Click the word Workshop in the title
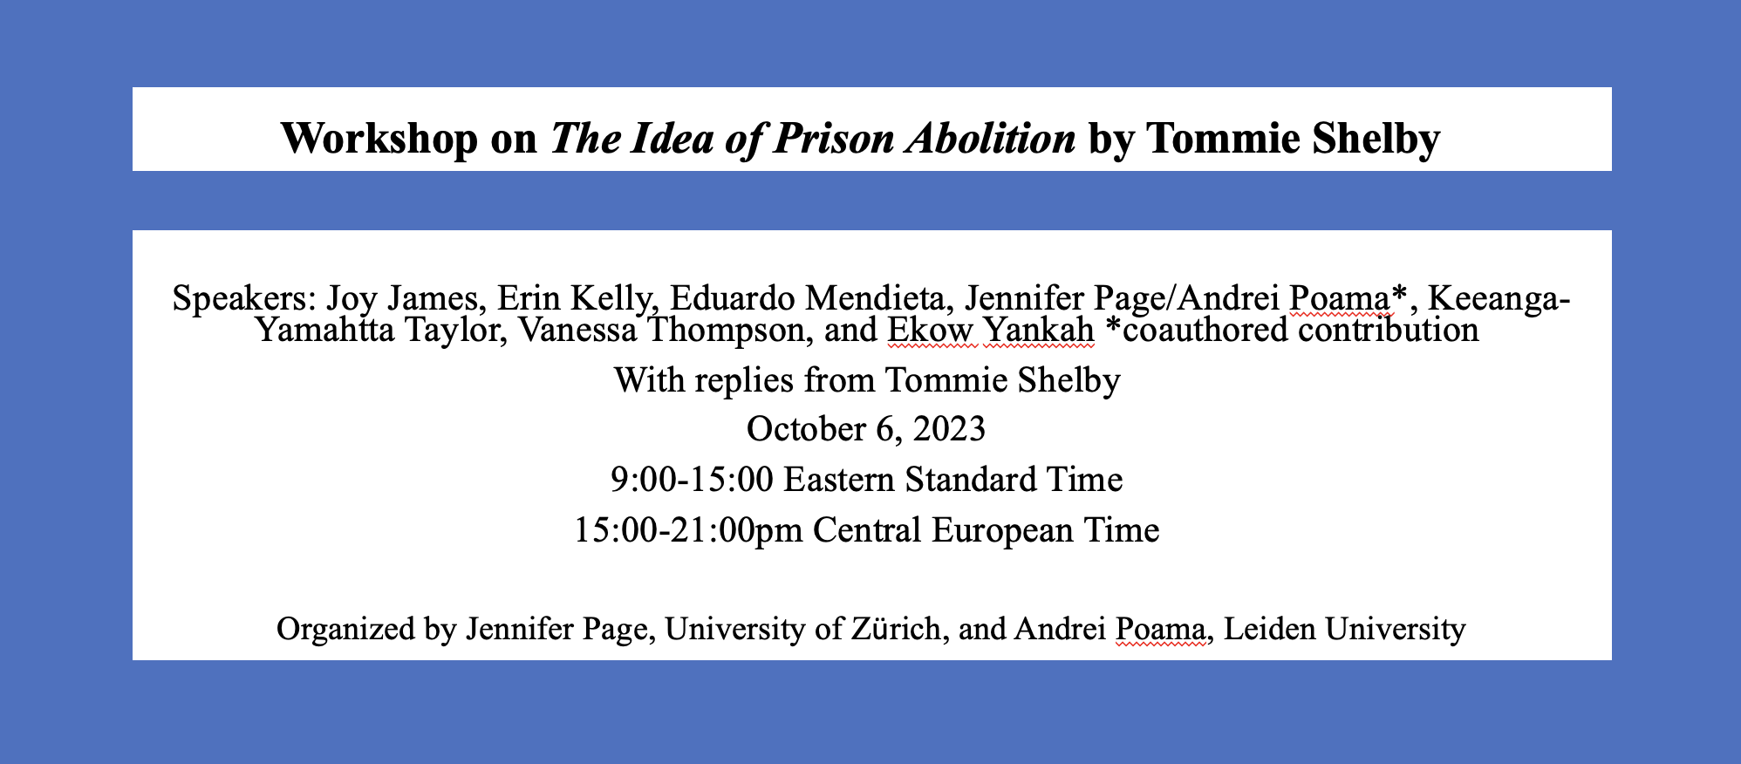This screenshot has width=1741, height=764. click(379, 138)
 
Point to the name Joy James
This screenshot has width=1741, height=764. click(406, 299)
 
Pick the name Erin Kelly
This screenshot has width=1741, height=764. click(577, 299)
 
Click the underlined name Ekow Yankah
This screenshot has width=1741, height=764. click(991, 331)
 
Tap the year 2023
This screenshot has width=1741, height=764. click(947, 429)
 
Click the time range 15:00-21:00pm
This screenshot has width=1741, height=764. click(688, 530)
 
